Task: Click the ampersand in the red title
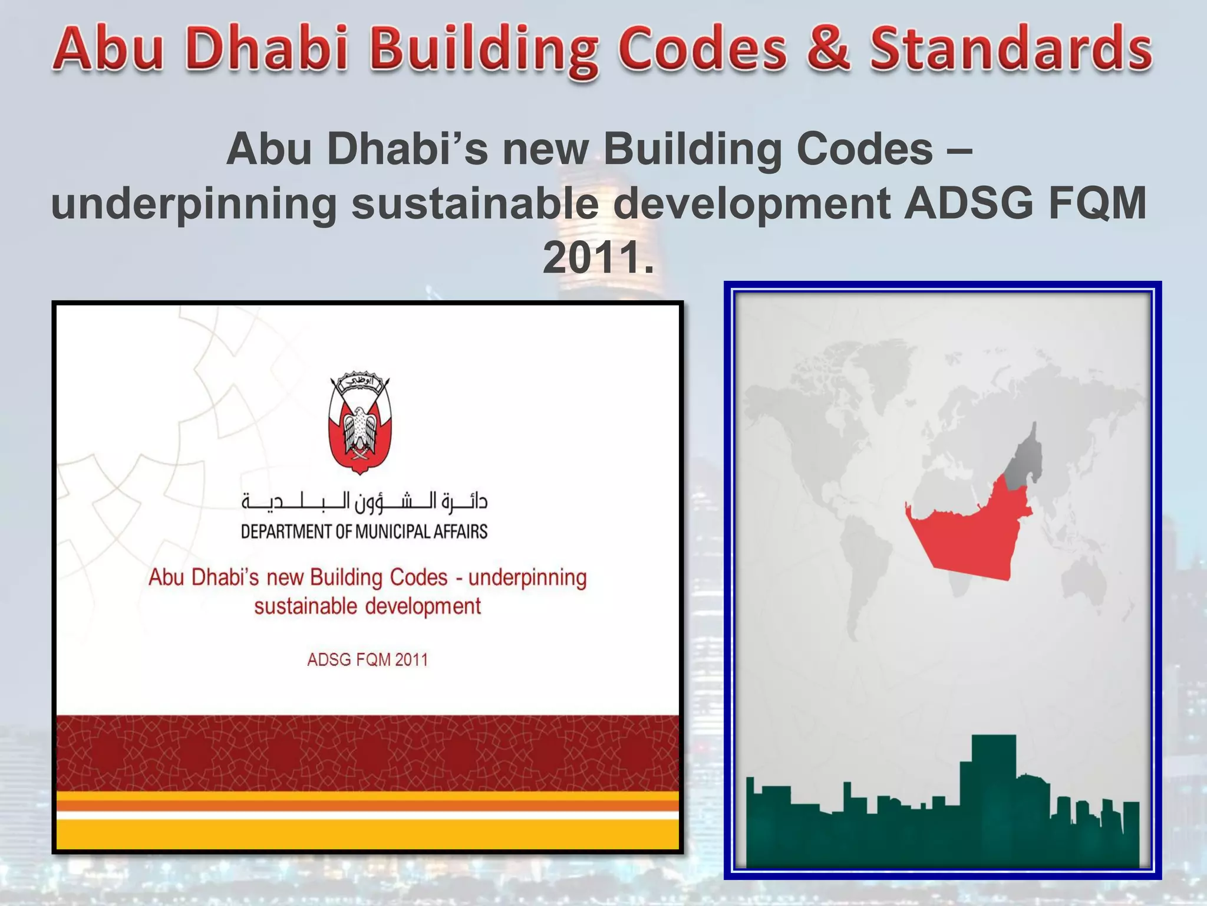(x=828, y=48)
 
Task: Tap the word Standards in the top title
(x=1011, y=48)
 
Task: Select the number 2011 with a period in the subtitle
(x=598, y=257)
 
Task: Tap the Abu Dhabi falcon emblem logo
(x=360, y=422)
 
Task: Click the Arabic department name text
(x=364, y=501)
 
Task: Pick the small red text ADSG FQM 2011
(x=367, y=659)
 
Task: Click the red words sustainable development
(x=367, y=606)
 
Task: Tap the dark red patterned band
(x=368, y=753)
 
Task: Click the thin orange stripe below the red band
(x=368, y=806)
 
